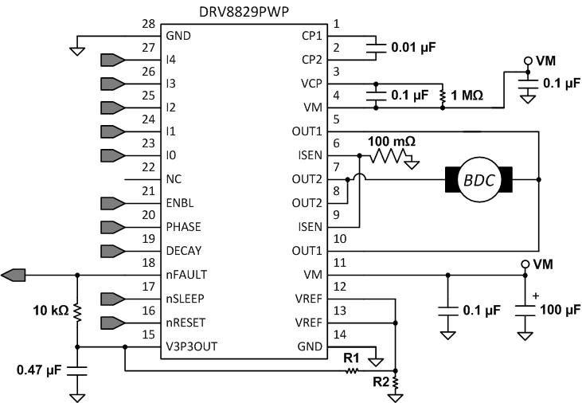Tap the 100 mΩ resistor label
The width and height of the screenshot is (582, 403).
click(x=393, y=141)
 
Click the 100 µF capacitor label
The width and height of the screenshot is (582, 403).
click(x=561, y=309)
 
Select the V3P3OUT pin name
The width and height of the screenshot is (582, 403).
click(x=192, y=346)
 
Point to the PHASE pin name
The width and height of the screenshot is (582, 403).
click(x=184, y=227)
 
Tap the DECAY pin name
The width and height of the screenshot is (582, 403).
click(x=184, y=251)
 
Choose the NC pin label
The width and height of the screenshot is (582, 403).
click(x=174, y=178)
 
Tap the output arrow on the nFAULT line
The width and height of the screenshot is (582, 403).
click(x=14, y=275)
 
